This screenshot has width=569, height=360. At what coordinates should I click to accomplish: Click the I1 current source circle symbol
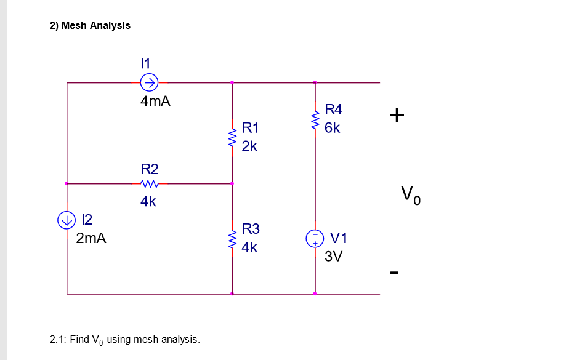pyautogui.click(x=150, y=82)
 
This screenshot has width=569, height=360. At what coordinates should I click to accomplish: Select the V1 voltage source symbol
pyautogui.click(x=315, y=238)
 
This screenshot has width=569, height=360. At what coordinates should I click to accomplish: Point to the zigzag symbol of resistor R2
pyautogui.click(x=150, y=183)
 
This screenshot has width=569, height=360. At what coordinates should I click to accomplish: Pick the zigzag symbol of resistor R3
pyautogui.click(x=232, y=239)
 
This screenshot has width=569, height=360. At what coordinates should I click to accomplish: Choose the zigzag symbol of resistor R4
pyautogui.click(x=315, y=119)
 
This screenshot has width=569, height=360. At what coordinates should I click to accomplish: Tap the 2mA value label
pyautogui.click(x=91, y=239)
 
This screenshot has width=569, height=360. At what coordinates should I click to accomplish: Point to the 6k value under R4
pyautogui.click(x=333, y=128)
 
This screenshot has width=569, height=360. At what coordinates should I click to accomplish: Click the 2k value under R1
pyautogui.click(x=249, y=146)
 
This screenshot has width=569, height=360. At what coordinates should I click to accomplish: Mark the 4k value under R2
pyautogui.click(x=148, y=201)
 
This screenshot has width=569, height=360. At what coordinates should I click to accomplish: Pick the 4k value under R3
pyautogui.click(x=249, y=248)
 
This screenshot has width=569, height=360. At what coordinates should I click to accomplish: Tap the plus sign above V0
pyautogui.click(x=397, y=114)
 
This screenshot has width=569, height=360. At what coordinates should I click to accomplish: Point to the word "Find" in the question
pyautogui.click(x=79, y=339)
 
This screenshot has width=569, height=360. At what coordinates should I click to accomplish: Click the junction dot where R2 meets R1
pyautogui.click(x=232, y=183)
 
